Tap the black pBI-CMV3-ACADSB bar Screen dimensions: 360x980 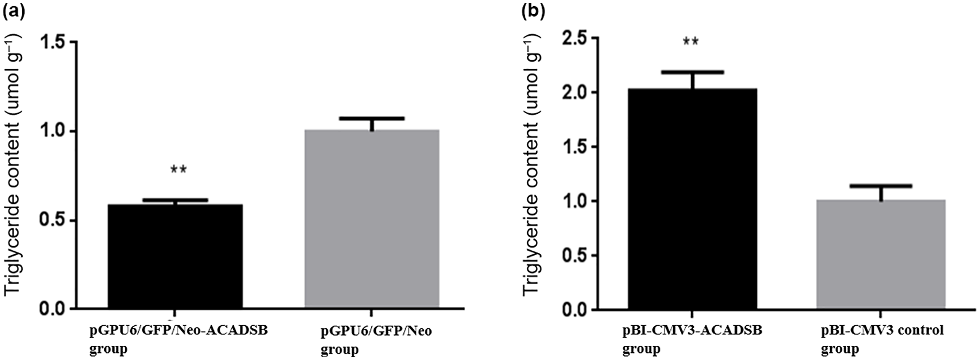pyautogui.click(x=692, y=199)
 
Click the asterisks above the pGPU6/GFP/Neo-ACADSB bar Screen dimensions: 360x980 pyautogui.click(x=178, y=170)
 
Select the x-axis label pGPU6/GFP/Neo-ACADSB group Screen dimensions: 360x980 pyautogui.click(x=179, y=340)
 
